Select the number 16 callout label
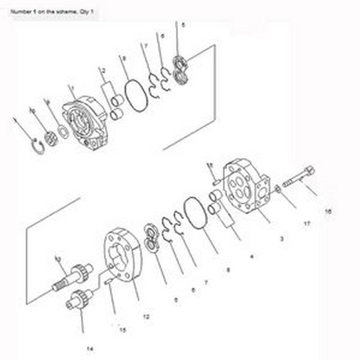pyautogui.click(x=328, y=211)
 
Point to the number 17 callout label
pyautogui.click(x=307, y=222)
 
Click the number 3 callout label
pyautogui.click(x=281, y=239)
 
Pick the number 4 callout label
pyautogui.click(x=252, y=257)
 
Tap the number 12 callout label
pyautogui.click(x=146, y=317)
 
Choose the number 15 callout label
pyautogui.click(x=122, y=330)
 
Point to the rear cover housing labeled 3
pyautogui.click(x=247, y=184)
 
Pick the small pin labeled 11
pyautogui.click(x=215, y=182)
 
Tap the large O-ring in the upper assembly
pyautogui.click(x=134, y=95)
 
